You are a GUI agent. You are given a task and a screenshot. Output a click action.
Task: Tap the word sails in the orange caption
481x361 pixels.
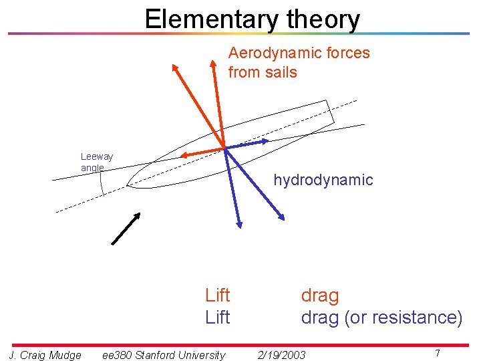pos(281,72)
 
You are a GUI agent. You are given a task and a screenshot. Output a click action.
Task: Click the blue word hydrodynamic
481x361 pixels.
pos(323,180)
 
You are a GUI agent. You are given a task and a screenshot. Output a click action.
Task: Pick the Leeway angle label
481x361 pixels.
pos(96,162)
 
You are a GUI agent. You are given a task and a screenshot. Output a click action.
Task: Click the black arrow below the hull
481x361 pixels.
pos(126,228)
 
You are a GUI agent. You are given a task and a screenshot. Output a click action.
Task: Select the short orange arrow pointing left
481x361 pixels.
pos(202,152)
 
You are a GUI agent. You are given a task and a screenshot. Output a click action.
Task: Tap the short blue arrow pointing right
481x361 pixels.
pos(247,143)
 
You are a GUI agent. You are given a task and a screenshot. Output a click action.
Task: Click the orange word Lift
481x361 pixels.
pos(217,295)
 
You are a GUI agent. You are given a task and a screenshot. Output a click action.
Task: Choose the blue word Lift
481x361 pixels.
pos(217,317)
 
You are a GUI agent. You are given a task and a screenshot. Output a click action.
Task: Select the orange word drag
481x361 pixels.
pos(320,295)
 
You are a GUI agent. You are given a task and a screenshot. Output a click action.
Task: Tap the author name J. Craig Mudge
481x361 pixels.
pos(45,355)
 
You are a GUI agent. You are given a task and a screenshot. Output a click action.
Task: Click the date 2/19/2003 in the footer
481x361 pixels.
pos(281,355)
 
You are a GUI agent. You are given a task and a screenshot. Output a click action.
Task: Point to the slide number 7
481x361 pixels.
pos(437,352)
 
